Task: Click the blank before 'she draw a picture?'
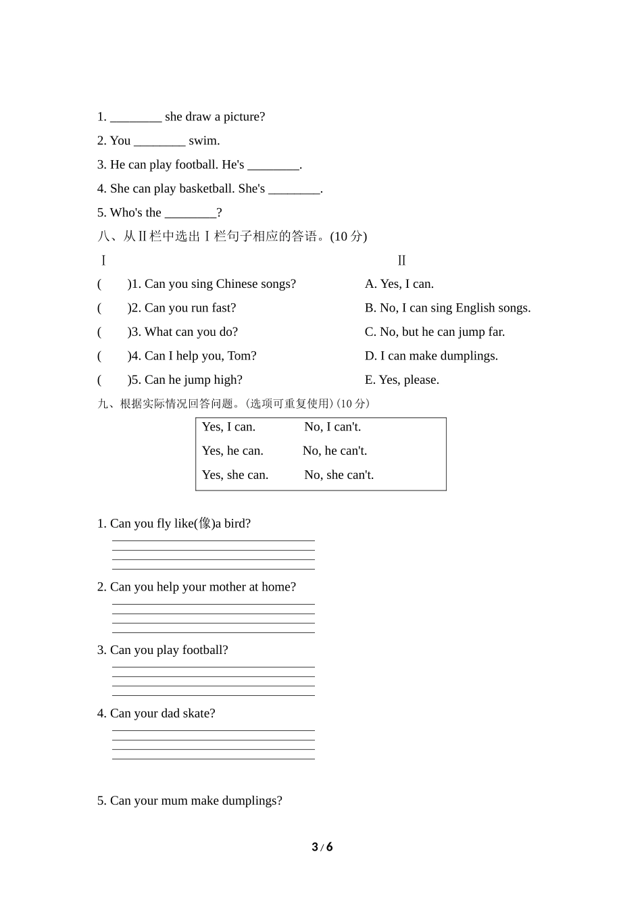point(136,118)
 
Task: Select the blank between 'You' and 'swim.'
point(159,141)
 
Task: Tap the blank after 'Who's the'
point(191,213)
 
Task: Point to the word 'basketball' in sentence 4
point(205,189)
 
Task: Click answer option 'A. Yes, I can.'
point(399,284)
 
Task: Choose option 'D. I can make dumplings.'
point(431,356)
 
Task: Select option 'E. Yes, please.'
point(402,380)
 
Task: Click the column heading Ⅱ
point(401,261)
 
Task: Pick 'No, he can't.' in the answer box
point(335,451)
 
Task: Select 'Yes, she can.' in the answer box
point(235,475)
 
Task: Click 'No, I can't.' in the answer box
point(332,427)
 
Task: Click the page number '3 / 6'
point(322,847)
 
